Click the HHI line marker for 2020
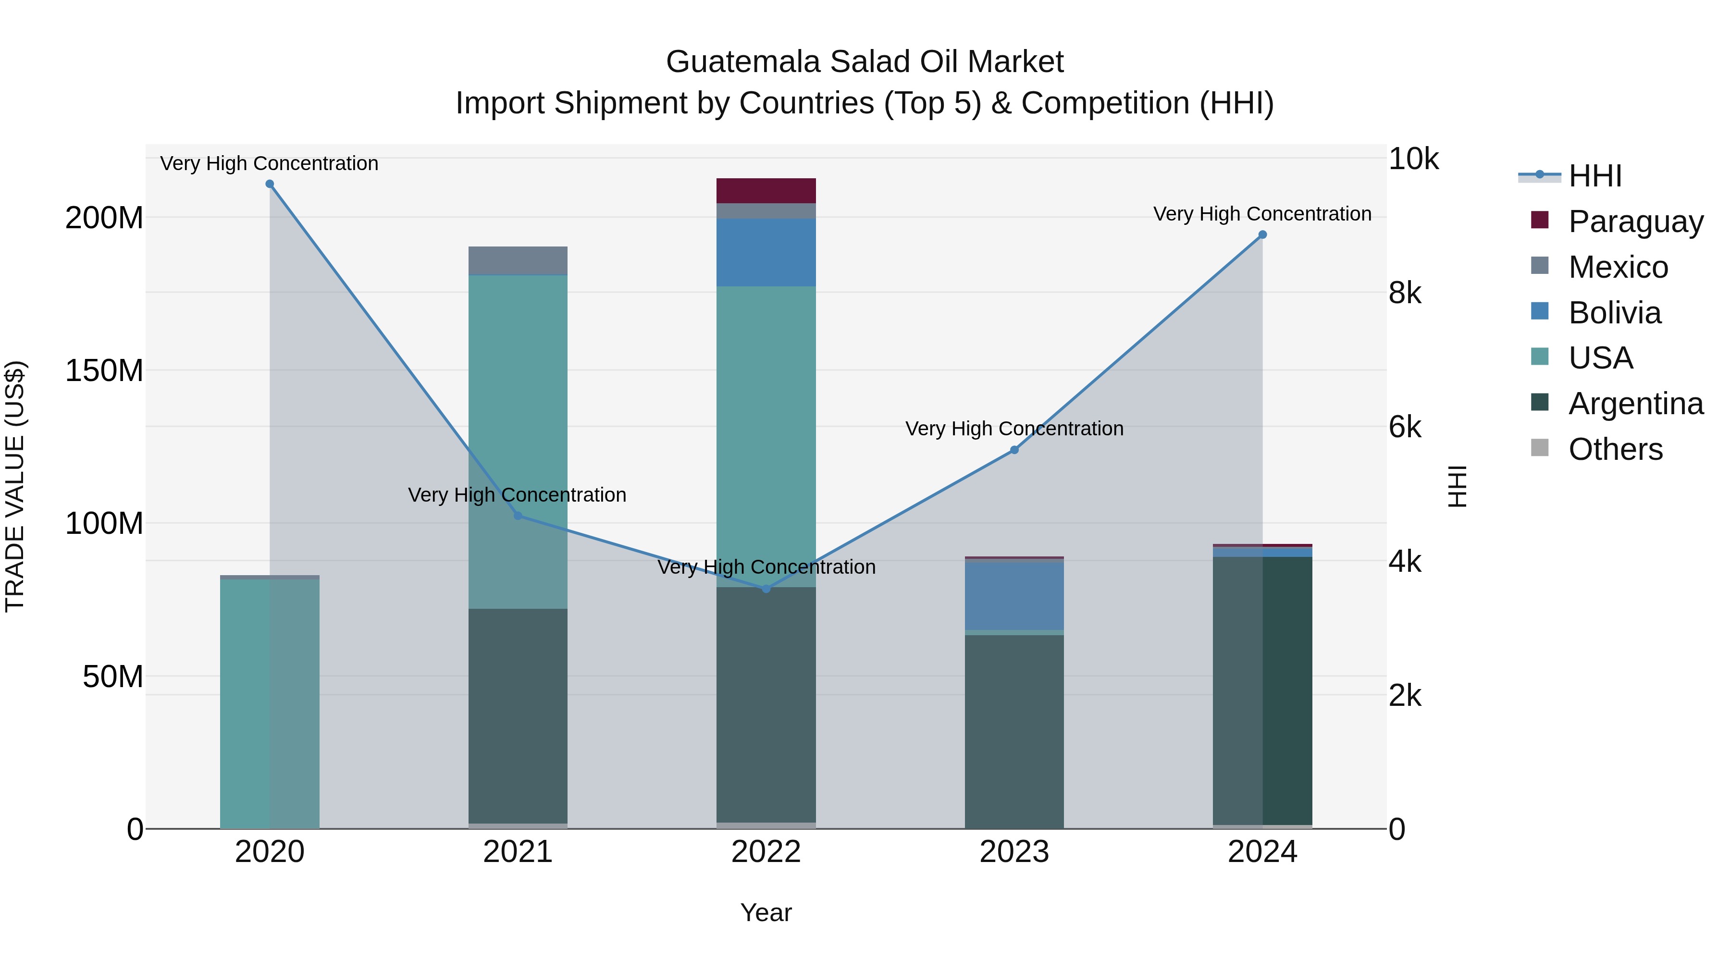269,184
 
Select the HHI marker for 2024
1262,235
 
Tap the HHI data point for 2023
1014,450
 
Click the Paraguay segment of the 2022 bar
766,191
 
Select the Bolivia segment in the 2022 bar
766,252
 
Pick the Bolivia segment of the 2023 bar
1014,596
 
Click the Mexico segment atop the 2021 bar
518,260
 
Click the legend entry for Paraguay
1635,221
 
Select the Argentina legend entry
1635,404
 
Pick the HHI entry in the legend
1595,176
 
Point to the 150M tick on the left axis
104,370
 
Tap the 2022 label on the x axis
766,852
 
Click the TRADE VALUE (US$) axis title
15,486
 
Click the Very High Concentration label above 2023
1014,429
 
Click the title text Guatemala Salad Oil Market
865,62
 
